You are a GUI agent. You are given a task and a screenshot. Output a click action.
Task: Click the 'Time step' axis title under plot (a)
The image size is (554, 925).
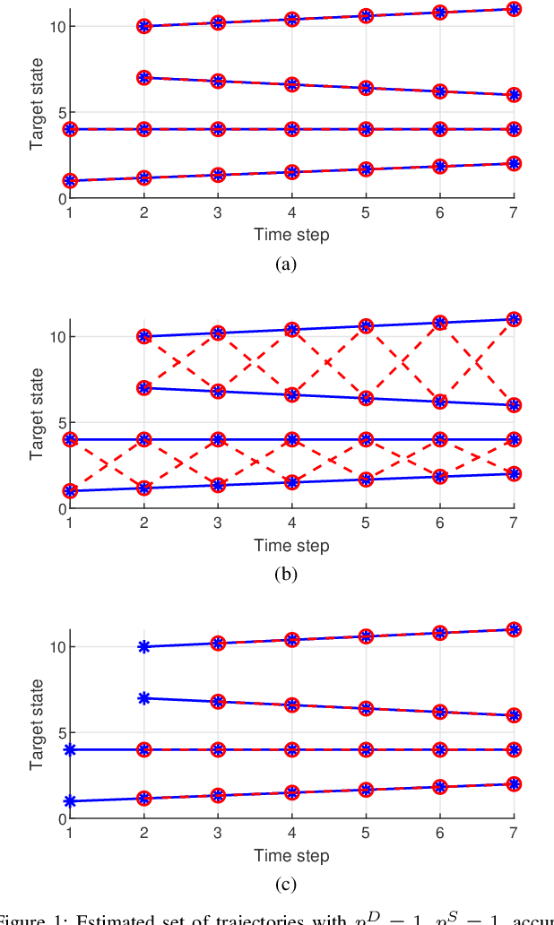tap(291, 235)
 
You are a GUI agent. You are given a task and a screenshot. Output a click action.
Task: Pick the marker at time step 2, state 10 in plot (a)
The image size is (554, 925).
tap(143, 27)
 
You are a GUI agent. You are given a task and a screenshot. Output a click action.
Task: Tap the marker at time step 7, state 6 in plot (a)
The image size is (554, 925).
tap(514, 95)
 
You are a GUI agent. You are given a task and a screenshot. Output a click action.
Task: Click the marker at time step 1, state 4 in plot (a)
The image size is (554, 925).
tap(70, 129)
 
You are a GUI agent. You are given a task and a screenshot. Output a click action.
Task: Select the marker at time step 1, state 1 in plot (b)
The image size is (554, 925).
tap(70, 491)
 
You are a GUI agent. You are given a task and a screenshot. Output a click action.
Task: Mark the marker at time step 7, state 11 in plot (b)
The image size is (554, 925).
tap(514, 319)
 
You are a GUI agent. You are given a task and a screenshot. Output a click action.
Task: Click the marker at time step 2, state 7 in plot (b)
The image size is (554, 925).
tap(143, 388)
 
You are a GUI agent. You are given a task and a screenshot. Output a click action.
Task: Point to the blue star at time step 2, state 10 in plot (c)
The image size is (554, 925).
tap(143, 646)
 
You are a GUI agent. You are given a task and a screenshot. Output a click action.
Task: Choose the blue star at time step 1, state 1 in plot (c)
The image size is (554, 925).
tap(70, 801)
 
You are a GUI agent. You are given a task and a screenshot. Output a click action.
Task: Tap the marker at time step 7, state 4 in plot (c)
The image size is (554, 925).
tap(514, 749)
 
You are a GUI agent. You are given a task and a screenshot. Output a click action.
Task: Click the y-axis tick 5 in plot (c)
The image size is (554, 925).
tap(59, 732)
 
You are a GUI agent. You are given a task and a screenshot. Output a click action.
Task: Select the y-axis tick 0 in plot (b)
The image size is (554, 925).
tap(59, 508)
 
